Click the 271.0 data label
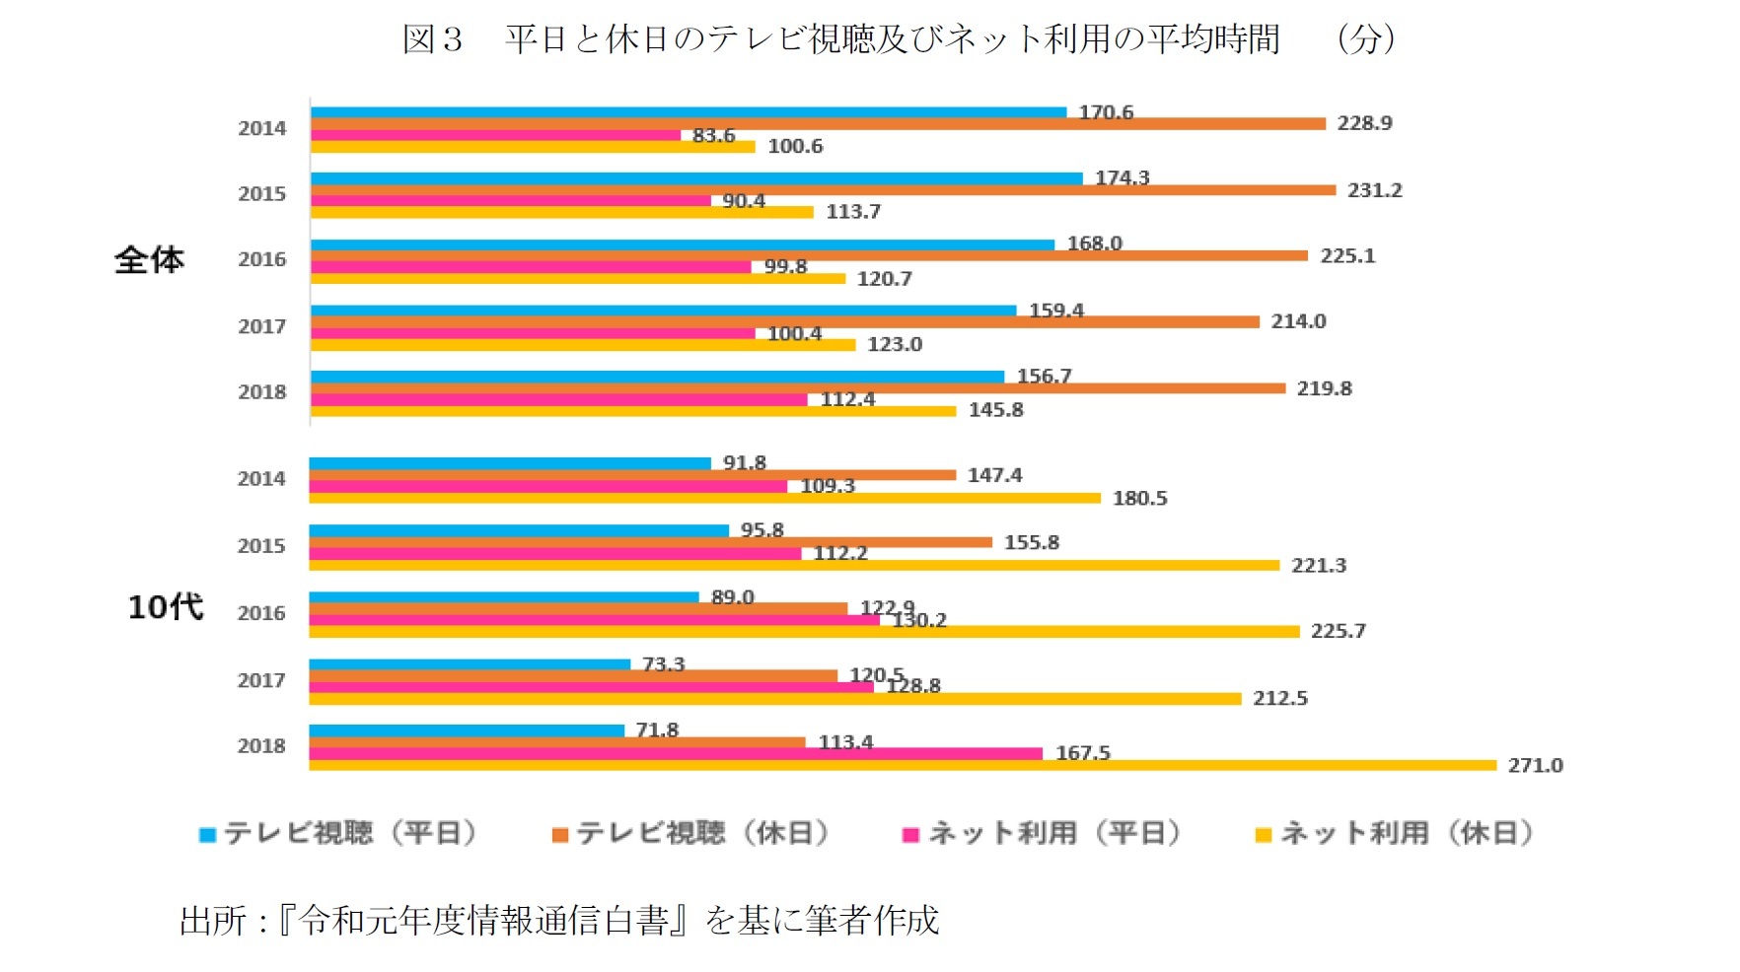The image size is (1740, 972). point(1535,765)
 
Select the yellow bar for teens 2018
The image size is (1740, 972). point(902,765)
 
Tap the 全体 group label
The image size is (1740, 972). point(149,259)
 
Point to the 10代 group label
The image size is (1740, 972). point(165,606)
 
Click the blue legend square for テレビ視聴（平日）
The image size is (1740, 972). point(207,835)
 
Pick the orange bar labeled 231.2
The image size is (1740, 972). point(823,189)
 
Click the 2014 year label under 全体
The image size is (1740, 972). point(261,128)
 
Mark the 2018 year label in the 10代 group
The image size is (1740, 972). point(261,746)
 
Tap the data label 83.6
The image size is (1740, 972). point(713,135)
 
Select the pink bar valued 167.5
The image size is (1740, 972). point(675,753)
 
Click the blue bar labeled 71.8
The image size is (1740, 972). point(466,730)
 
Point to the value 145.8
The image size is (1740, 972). point(995,410)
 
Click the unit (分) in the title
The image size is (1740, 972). point(1365,39)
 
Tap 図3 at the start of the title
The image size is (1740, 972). point(432,39)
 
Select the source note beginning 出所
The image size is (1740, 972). point(558,920)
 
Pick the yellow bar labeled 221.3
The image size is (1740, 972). point(793,565)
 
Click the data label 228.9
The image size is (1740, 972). point(1364,123)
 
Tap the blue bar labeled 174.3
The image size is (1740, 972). point(695,178)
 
